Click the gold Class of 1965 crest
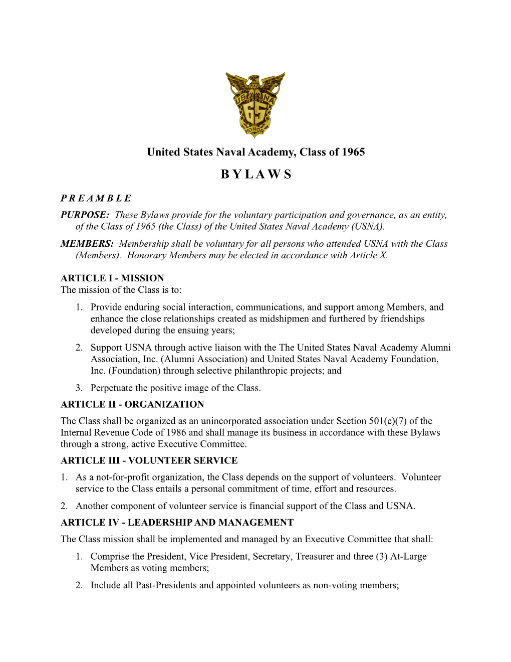coord(255,105)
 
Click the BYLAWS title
coord(255,175)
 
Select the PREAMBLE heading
coord(96,198)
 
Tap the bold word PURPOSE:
coord(85,215)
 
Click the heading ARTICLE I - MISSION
coord(112,278)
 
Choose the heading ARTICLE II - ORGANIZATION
coord(132,404)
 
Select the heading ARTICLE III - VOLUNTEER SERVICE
coord(149,460)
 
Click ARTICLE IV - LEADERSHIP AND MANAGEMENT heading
coord(177,523)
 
